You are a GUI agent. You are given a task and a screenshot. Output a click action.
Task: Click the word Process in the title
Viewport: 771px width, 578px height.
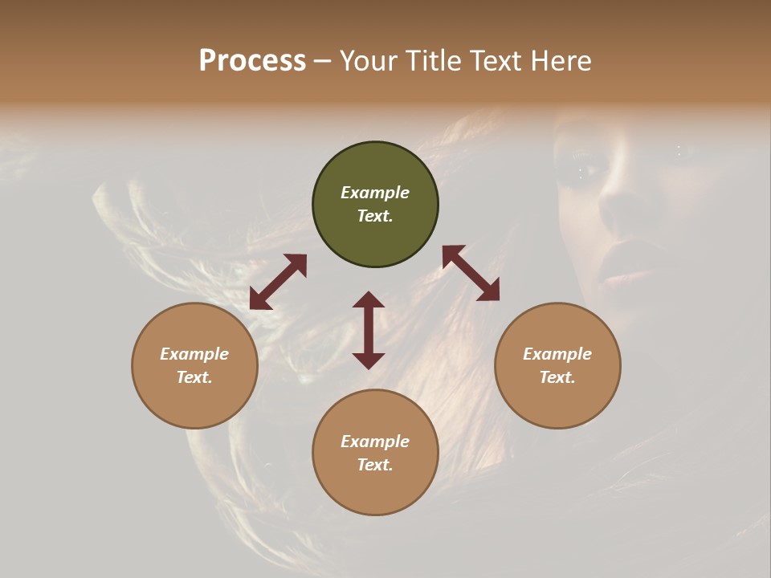[x=252, y=61]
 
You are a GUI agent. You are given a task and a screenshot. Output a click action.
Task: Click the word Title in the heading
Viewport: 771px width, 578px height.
[x=434, y=61]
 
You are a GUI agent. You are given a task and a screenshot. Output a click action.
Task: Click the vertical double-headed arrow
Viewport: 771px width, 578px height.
[x=369, y=330]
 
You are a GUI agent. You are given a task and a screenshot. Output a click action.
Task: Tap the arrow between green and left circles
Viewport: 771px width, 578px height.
[x=278, y=282]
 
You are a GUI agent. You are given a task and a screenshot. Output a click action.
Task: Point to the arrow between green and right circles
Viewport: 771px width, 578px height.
[x=471, y=273]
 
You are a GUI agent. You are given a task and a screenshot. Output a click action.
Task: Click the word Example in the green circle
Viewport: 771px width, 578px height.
[x=375, y=193]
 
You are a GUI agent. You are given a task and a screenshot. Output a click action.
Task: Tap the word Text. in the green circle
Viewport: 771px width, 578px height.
[x=375, y=216]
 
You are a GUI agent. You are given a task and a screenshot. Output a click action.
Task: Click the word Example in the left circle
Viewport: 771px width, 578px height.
[x=194, y=354]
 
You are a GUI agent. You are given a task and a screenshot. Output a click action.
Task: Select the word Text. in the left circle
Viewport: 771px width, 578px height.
[x=194, y=377]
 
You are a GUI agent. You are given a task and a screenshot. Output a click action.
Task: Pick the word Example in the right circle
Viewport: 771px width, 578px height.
[x=557, y=354]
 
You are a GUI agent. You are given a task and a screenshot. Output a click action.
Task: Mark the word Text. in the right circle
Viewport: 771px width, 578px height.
[x=557, y=377]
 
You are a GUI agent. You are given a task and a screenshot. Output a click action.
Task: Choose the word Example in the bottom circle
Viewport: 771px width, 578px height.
[x=375, y=442]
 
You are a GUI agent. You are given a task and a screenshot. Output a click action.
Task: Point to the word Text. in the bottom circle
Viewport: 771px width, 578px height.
[x=375, y=465]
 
